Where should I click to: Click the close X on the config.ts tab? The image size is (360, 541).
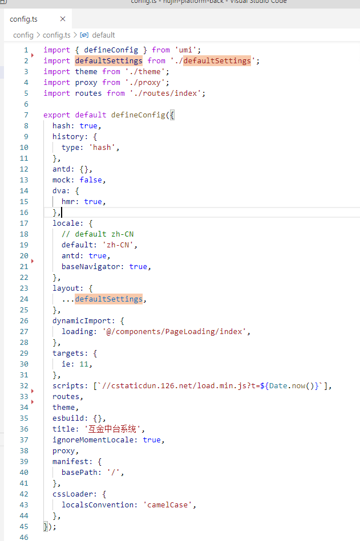(x=63, y=19)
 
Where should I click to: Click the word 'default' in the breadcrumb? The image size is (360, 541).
(x=103, y=35)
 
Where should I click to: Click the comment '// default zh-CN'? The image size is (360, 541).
(x=98, y=234)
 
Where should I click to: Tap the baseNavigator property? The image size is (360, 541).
(x=93, y=266)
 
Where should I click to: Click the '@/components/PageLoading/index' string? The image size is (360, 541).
(x=176, y=331)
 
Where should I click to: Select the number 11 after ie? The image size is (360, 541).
(x=86, y=364)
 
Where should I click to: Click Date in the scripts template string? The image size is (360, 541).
(x=278, y=385)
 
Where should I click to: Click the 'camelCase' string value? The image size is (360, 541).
(x=169, y=505)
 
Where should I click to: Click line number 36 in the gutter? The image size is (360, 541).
(x=23, y=429)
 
